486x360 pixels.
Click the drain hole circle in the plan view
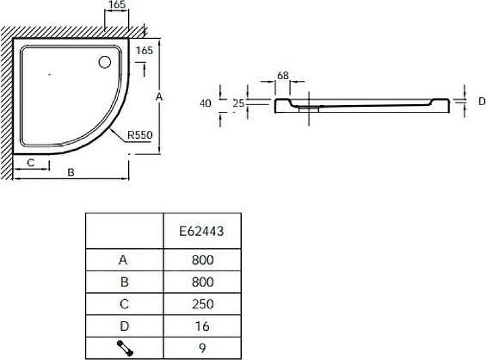click(104, 62)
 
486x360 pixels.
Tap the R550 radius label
click(140, 135)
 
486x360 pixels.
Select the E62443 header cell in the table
click(202, 231)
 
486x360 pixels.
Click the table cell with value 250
click(202, 304)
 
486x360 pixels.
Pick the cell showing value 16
click(202, 326)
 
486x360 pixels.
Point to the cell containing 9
click(202, 348)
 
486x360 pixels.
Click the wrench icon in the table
click(125, 348)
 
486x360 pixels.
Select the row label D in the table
click(125, 326)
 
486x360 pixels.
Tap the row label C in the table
click(125, 304)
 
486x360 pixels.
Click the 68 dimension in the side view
click(282, 75)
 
